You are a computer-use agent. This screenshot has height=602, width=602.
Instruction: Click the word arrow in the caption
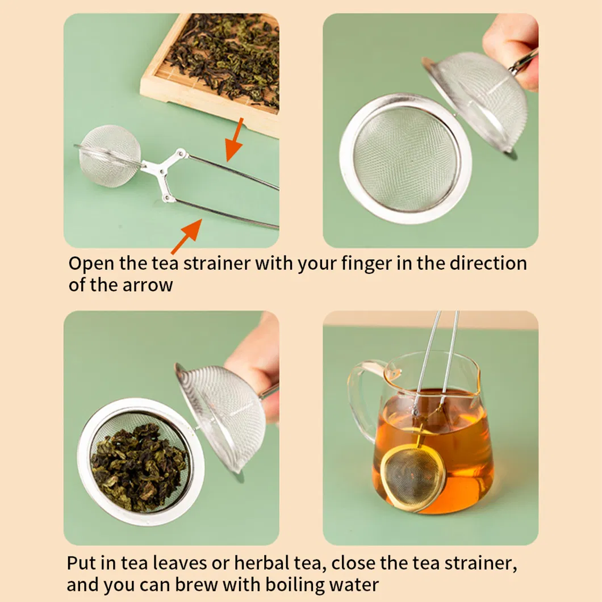(148, 285)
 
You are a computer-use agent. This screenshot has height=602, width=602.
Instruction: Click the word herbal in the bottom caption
(266, 564)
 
